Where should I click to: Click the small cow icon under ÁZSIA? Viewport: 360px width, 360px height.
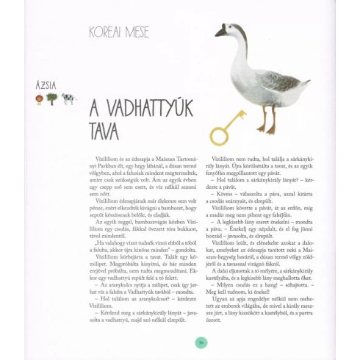coord(67,98)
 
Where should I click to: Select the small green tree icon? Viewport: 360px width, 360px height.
coord(52,98)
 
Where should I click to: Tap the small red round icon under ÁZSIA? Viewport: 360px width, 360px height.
coord(39,99)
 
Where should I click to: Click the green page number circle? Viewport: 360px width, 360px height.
coord(200,340)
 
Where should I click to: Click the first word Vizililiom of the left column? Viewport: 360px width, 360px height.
coord(107,159)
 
